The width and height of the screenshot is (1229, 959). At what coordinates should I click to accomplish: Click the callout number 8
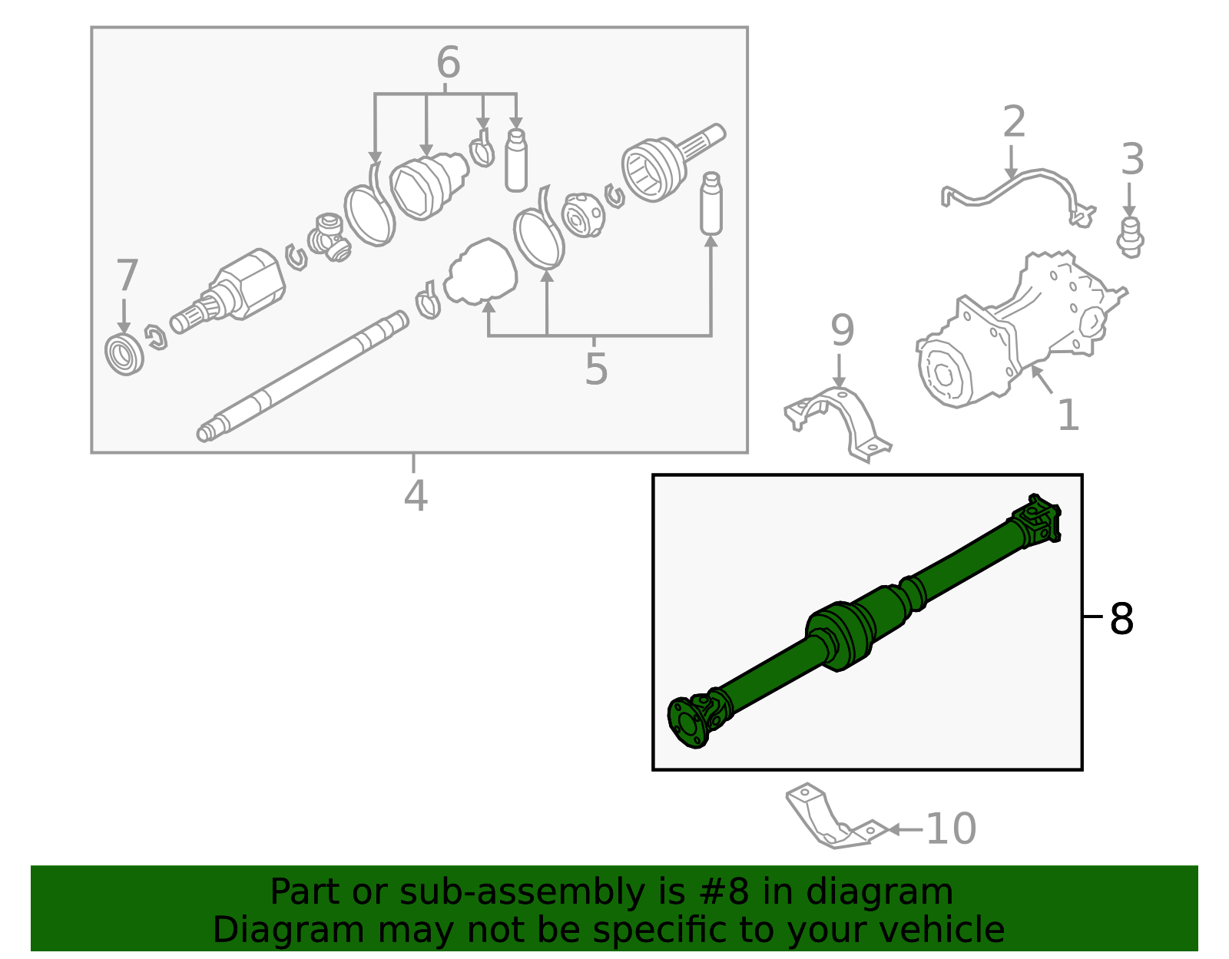(x=1121, y=619)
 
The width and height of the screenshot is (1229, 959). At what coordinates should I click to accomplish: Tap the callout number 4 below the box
(x=415, y=495)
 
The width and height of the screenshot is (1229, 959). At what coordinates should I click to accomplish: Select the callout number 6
(x=448, y=63)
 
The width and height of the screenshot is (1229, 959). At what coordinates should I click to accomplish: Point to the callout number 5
(x=596, y=369)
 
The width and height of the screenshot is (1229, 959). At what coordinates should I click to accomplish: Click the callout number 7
(x=127, y=276)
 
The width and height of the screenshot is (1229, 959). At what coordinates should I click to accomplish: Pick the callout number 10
(x=951, y=829)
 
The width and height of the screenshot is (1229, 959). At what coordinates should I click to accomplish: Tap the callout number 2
(x=1014, y=123)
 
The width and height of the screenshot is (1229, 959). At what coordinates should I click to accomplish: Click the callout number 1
(x=1068, y=415)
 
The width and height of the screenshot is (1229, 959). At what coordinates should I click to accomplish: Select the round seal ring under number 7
(x=124, y=355)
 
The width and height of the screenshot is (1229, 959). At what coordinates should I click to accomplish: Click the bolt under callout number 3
(x=1130, y=236)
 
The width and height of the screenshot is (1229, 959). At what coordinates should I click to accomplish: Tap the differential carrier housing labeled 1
(x=1014, y=330)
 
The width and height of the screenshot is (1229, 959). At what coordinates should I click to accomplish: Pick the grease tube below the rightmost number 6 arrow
(x=516, y=161)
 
